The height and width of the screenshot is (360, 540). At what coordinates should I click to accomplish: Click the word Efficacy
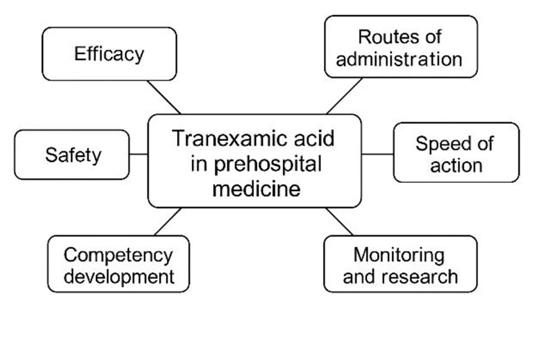coord(109,54)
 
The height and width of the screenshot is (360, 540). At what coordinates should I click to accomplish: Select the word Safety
coord(73,155)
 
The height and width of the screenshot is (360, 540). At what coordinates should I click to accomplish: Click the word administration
coord(399,59)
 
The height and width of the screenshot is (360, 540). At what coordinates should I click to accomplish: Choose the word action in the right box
coord(456,165)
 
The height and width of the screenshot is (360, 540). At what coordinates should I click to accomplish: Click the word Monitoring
coord(399,255)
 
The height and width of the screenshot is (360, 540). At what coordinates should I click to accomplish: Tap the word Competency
coord(118,255)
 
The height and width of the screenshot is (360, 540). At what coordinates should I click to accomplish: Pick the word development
coord(119,277)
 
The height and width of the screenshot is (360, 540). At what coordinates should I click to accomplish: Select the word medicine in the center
coord(256,188)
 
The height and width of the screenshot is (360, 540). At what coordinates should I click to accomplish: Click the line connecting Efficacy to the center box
coord(163,97)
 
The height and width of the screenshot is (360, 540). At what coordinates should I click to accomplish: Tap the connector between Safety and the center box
coord(138,154)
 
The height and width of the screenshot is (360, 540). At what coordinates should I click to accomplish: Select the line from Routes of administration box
coord(344,96)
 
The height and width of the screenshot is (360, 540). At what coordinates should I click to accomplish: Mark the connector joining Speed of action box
coord(378,154)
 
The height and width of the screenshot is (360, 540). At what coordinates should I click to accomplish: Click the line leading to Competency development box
coord(168,221)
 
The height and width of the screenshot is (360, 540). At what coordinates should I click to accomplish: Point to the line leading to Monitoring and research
coord(339,221)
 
